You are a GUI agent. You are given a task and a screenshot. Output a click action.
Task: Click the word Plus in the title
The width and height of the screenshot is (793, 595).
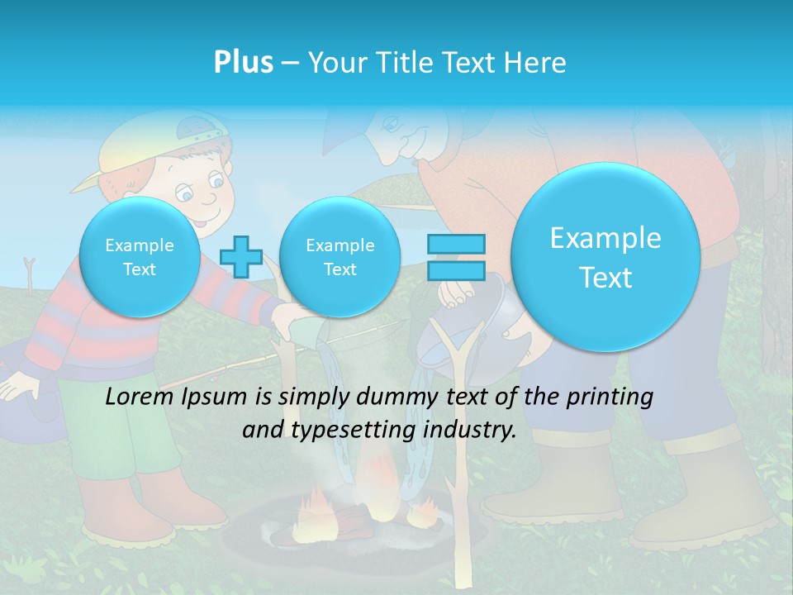pyautogui.click(x=243, y=62)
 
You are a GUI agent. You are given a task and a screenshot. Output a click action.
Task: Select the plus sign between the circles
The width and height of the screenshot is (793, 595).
pyautogui.click(x=240, y=256)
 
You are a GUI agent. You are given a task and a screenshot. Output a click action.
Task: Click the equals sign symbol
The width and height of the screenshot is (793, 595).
pyautogui.click(x=456, y=256)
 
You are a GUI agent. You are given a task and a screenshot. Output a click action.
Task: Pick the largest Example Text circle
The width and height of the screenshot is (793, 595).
pyautogui.click(x=605, y=257)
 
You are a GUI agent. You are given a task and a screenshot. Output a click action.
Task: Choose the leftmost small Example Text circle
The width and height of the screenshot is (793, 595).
pyautogui.click(x=139, y=257)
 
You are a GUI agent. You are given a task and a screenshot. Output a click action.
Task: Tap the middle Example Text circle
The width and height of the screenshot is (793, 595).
pyautogui.click(x=340, y=257)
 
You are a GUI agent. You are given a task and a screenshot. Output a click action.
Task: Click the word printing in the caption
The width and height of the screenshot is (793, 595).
pyautogui.click(x=611, y=397)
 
